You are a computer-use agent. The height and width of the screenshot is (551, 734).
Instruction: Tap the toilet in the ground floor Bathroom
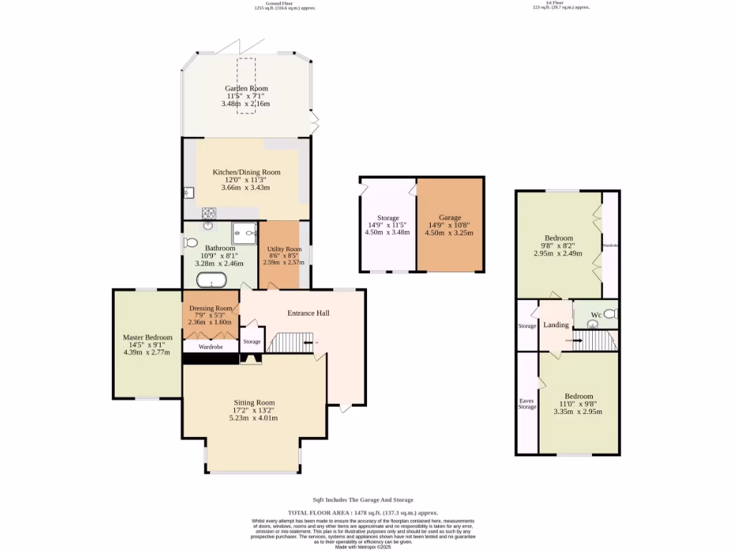pos(191,242)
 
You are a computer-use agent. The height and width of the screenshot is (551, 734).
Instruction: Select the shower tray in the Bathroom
pos(244,232)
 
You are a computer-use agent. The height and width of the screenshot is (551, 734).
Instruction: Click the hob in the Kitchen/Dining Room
pos(210,212)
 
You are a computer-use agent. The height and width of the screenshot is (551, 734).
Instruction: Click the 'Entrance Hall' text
pos(308,314)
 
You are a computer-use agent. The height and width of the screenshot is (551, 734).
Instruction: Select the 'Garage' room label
pos(450,217)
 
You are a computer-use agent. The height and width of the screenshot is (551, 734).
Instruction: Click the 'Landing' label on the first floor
pos(556,325)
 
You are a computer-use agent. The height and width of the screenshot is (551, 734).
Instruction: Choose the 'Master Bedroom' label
pos(147,337)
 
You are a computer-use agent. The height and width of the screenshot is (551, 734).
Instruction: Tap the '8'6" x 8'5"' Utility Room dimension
pos(285,255)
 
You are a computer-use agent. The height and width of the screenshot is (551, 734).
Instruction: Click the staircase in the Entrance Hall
pos(290,342)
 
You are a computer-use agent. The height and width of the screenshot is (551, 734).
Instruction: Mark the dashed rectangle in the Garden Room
pos(246,86)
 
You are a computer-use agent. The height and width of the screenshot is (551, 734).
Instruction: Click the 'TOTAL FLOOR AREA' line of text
pos(364,513)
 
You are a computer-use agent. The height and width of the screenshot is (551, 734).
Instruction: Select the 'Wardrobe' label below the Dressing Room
pos(211,347)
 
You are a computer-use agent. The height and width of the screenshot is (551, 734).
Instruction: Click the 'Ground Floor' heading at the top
pos(285,4)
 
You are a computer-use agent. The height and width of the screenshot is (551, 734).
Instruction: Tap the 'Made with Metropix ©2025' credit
pos(364,547)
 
